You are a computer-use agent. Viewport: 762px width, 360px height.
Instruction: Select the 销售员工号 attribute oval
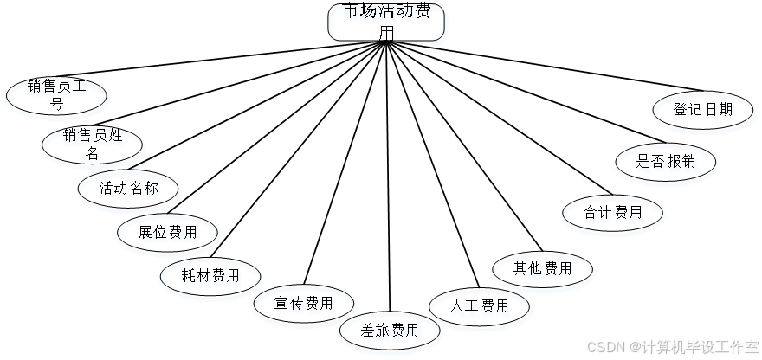[x=57, y=96]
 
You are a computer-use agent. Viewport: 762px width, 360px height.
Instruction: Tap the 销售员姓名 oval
[x=94, y=146]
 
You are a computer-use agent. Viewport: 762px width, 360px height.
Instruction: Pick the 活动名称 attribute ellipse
[x=129, y=190]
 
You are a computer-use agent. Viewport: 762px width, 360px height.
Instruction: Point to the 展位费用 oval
[x=168, y=235]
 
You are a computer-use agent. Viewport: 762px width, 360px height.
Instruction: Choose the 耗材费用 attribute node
[x=211, y=279]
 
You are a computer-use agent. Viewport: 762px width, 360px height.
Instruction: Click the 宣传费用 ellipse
[x=304, y=305]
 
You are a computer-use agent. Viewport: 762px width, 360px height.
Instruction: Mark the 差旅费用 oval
[x=390, y=332]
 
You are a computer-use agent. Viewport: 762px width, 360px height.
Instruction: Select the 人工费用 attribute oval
[x=481, y=307]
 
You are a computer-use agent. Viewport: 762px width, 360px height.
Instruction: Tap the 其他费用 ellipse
[x=543, y=272]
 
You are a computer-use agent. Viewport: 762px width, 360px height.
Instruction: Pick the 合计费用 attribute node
[x=613, y=215]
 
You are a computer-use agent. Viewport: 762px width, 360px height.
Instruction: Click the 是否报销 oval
[x=666, y=164]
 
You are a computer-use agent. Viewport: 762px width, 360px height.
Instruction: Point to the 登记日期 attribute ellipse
[x=704, y=112]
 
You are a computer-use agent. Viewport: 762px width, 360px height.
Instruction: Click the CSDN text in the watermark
[x=604, y=346]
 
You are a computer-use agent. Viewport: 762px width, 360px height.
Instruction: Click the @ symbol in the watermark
[x=633, y=346]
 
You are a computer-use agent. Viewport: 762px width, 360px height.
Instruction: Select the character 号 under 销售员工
[x=57, y=106]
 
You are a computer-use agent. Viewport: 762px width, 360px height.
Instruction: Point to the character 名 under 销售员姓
[x=94, y=156]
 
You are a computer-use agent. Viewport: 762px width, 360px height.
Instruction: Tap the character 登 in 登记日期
[x=682, y=112]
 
